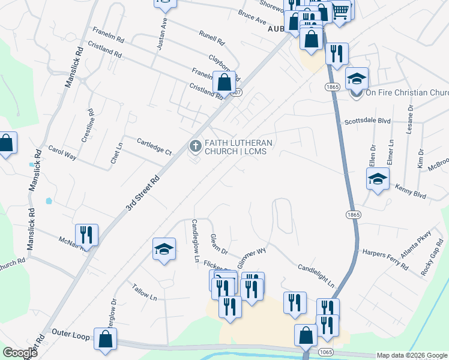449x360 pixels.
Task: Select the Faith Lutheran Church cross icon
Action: tap(195, 146)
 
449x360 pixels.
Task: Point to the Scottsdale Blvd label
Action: tap(367, 121)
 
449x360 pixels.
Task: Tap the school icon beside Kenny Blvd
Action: tap(378, 179)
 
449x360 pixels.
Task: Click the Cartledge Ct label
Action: tap(154, 146)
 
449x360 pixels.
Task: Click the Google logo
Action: tap(20, 353)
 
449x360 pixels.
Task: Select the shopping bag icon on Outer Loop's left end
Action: tap(105, 339)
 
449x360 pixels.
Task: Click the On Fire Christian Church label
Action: tap(406, 92)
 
